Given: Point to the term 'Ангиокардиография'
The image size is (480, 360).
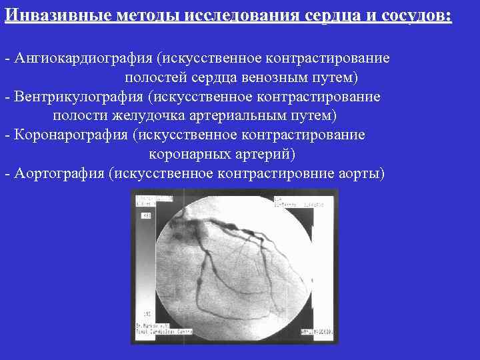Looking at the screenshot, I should coord(82,59).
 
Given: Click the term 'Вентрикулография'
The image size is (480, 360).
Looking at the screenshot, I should coord(78,97).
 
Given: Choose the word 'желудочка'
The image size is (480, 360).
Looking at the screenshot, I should coord(141,116).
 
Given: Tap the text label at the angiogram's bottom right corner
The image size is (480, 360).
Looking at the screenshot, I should coord(317,331).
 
